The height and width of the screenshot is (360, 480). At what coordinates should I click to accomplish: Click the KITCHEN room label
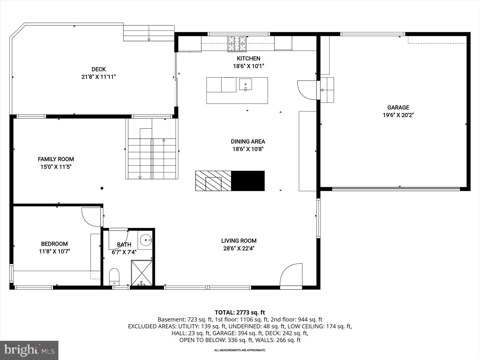(248, 58)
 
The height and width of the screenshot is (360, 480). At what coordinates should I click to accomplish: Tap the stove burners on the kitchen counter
(237, 43)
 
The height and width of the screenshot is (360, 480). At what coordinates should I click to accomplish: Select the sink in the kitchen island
(245, 85)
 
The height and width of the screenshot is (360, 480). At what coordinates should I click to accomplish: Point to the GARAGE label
(398, 107)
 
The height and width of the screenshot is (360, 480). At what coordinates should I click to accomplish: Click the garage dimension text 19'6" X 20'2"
(398, 115)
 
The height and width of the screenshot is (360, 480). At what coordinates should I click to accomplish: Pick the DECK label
(99, 69)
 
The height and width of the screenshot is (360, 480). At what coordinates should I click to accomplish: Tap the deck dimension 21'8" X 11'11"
(99, 77)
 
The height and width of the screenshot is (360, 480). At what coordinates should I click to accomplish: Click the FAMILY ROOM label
(56, 159)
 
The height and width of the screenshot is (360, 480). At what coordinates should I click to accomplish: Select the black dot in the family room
(102, 188)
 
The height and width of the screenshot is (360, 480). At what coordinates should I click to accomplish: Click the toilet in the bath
(114, 277)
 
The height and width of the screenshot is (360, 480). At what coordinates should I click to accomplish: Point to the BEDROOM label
(54, 244)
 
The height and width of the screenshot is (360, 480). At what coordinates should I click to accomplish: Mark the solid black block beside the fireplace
(248, 181)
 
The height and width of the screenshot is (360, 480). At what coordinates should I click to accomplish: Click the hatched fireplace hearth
(213, 181)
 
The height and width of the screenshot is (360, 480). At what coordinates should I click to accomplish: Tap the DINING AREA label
(248, 142)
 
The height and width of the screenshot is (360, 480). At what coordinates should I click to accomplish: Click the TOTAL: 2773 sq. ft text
(240, 312)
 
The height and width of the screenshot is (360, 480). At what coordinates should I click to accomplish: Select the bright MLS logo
(29, 350)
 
